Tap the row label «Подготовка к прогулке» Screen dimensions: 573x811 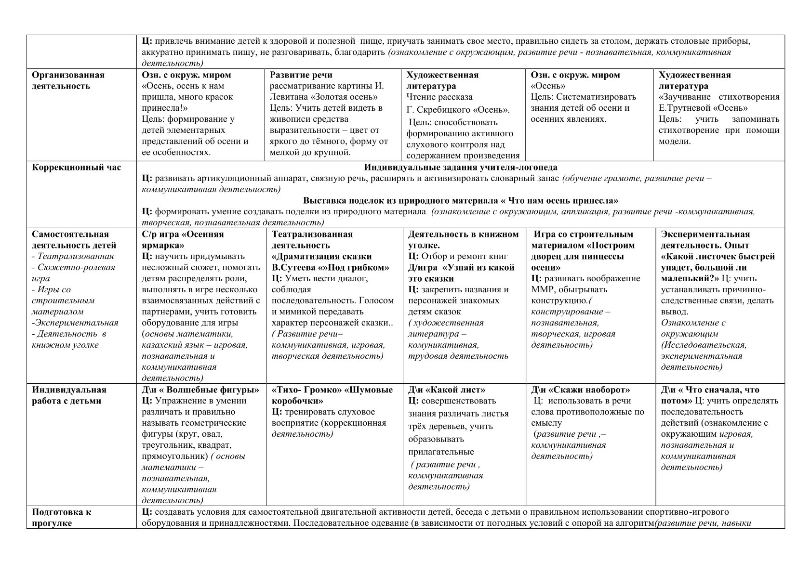[x=61, y=517]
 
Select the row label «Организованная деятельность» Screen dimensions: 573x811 [x=68, y=80]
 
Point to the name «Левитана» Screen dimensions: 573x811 [x=288, y=97]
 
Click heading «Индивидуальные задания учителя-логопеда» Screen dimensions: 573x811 [x=461, y=168]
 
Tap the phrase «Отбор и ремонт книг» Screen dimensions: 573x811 [x=465, y=256]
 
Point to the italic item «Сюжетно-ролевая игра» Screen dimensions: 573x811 [x=74, y=273]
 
